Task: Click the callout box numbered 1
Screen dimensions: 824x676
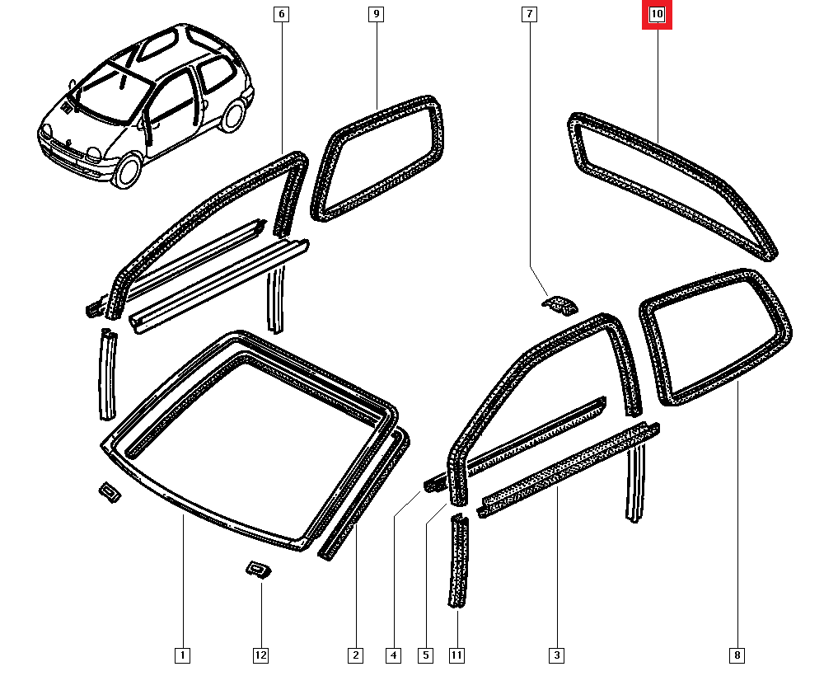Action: [x=182, y=655]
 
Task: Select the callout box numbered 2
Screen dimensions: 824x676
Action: [x=356, y=655]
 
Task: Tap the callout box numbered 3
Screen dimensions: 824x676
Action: [x=556, y=655]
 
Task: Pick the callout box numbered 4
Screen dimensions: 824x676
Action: [x=394, y=655]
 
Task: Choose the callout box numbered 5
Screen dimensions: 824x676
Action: [x=426, y=655]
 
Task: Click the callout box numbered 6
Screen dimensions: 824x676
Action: [x=282, y=14]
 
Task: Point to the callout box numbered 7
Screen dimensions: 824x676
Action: [x=529, y=14]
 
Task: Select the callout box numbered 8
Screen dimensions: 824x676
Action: [x=737, y=655]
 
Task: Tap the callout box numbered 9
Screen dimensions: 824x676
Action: [x=377, y=14]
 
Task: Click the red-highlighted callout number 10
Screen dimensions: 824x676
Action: [x=657, y=14]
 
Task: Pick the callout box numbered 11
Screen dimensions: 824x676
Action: [x=456, y=655]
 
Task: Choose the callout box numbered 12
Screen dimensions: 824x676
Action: [x=261, y=655]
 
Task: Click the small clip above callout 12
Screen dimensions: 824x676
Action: [x=259, y=569]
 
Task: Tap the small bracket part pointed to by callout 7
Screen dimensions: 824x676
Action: [x=559, y=305]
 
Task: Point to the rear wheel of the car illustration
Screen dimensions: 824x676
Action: [x=232, y=115]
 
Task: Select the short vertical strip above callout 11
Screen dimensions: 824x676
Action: [x=458, y=561]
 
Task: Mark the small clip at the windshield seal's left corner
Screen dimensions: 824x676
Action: [x=110, y=491]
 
